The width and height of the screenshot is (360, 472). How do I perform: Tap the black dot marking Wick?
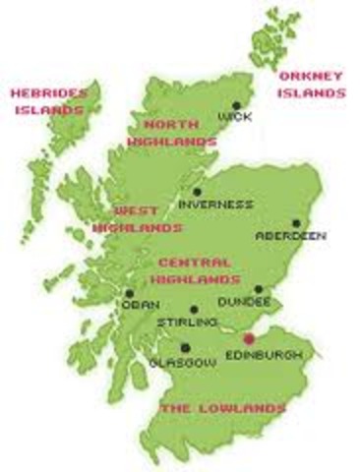(236, 105)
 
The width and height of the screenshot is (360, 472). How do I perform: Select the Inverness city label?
(215, 205)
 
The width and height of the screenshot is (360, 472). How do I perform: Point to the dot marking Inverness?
(198, 193)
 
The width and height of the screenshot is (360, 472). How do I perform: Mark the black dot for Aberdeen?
(295, 224)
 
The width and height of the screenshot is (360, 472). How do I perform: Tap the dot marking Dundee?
(259, 290)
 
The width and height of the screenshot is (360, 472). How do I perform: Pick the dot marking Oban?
(129, 293)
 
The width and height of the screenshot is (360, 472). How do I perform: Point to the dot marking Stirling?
(193, 309)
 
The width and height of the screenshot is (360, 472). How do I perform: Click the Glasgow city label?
(182, 362)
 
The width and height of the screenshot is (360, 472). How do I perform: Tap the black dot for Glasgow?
(185, 347)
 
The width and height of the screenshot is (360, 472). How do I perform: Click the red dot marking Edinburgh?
(248, 339)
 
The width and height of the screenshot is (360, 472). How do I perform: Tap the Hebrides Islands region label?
(48, 101)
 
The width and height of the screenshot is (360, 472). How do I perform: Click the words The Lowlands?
(223, 407)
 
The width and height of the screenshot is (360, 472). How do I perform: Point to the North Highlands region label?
(179, 133)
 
